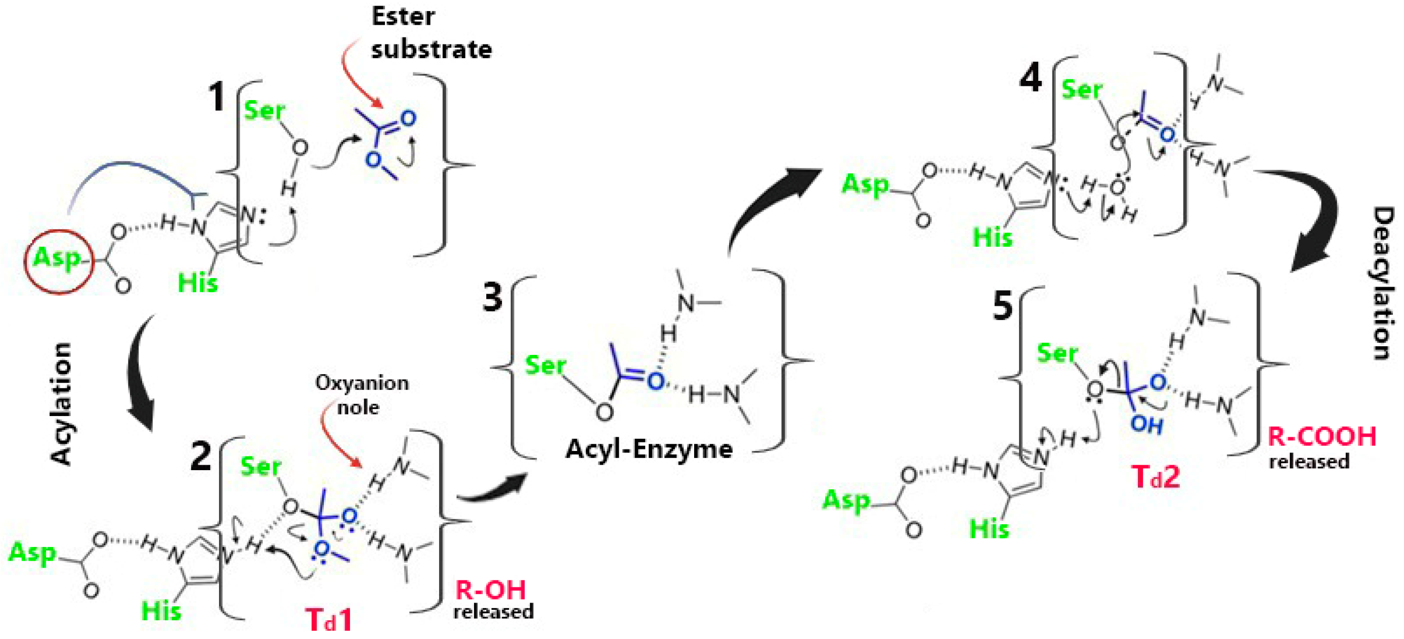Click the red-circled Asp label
click(57, 258)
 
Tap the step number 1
click(217, 96)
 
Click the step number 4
click(1031, 78)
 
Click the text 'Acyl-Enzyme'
click(649, 449)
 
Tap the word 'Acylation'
click(61, 403)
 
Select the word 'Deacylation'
click(1382, 283)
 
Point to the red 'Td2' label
click(1156, 477)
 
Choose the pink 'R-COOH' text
click(1322, 436)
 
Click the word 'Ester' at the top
click(403, 16)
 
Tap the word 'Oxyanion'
click(362, 383)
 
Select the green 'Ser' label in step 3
click(545, 365)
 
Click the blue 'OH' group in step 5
click(1147, 424)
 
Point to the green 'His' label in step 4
click(993, 238)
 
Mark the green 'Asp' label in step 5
click(846, 499)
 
